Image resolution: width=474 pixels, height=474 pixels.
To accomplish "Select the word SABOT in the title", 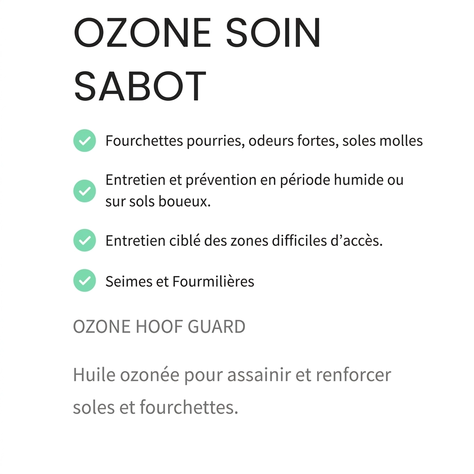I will pyautogui.click(x=140, y=87).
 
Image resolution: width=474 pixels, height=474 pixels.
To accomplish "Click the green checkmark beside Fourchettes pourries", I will pyautogui.click(x=85, y=141).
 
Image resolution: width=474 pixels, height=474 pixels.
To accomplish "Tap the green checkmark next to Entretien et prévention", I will pyautogui.click(x=85, y=191).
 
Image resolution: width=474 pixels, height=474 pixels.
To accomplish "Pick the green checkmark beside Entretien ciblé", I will pyautogui.click(x=85, y=241).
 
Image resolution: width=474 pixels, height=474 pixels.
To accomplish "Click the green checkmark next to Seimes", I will pyautogui.click(x=85, y=281).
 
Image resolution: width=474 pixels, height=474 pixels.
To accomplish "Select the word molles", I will pyautogui.click(x=401, y=141).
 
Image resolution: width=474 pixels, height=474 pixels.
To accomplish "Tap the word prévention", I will pyautogui.click(x=220, y=180).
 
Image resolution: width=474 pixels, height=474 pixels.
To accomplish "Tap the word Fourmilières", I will pyautogui.click(x=213, y=281).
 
